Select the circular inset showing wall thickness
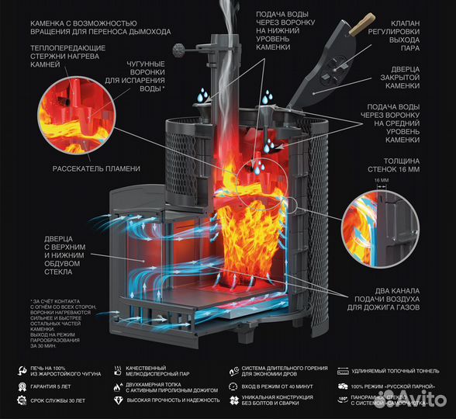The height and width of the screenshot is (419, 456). tap(380, 222)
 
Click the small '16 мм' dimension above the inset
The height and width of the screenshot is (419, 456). tap(382, 179)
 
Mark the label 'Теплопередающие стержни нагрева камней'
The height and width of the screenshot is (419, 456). tap(63, 57)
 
